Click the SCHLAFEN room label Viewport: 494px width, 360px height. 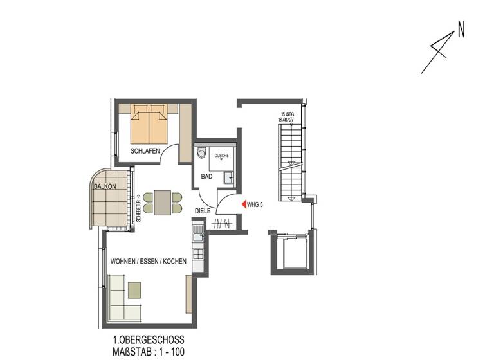pos(145,151)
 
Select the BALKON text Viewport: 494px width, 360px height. pos(105,186)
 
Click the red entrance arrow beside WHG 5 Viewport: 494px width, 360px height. pos(242,204)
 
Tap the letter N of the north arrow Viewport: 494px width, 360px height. pos(461,29)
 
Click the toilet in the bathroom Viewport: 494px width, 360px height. pos(202,154)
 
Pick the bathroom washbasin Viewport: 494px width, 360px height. pos(228,177)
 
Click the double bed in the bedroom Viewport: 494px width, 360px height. pos(149,123)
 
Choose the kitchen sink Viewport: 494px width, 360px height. pos(197,228)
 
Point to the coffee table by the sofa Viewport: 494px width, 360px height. pos(134,290)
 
